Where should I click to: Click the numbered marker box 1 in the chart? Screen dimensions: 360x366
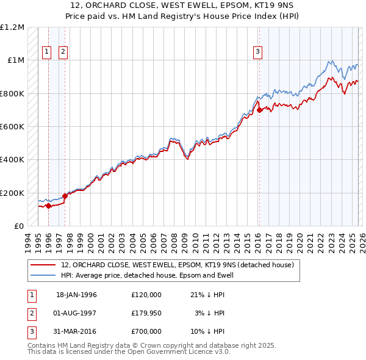(46, 52)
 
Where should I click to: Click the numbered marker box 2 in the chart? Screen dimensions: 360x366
(63, 52)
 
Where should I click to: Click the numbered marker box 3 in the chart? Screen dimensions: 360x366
(258, 52)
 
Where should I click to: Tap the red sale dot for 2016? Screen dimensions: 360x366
(259, 110)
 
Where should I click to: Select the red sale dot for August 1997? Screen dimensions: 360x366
(65, 196)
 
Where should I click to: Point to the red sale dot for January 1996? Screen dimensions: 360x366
(48, 206)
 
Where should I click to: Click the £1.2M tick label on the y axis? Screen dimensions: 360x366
(12, 27)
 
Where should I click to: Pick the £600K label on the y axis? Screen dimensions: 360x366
(12, 127)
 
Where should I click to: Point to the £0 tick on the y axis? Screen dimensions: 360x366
(18, 226)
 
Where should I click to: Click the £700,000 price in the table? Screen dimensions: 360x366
(146, 331)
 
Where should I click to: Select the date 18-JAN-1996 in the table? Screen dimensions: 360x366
(76, 295)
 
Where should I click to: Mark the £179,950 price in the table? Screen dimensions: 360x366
(146, 313)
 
